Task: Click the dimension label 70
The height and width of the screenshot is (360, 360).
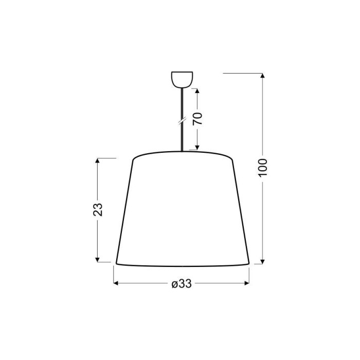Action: [197, 119]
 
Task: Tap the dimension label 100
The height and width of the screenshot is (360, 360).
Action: [263, 168]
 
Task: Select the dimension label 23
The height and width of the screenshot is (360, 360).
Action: [98, 209]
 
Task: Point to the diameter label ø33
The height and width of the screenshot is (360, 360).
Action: [182, 284]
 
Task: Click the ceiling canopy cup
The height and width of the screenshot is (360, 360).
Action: [182, 80]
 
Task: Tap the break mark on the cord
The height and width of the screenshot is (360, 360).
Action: [182, 121]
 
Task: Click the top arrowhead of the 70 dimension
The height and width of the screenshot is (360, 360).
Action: [197, 91]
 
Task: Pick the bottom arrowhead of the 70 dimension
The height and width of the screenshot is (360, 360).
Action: [197, 148]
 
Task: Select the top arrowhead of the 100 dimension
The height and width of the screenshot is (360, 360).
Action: [263, 76]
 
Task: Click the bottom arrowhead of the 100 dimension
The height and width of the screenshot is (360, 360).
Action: [263, 262]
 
